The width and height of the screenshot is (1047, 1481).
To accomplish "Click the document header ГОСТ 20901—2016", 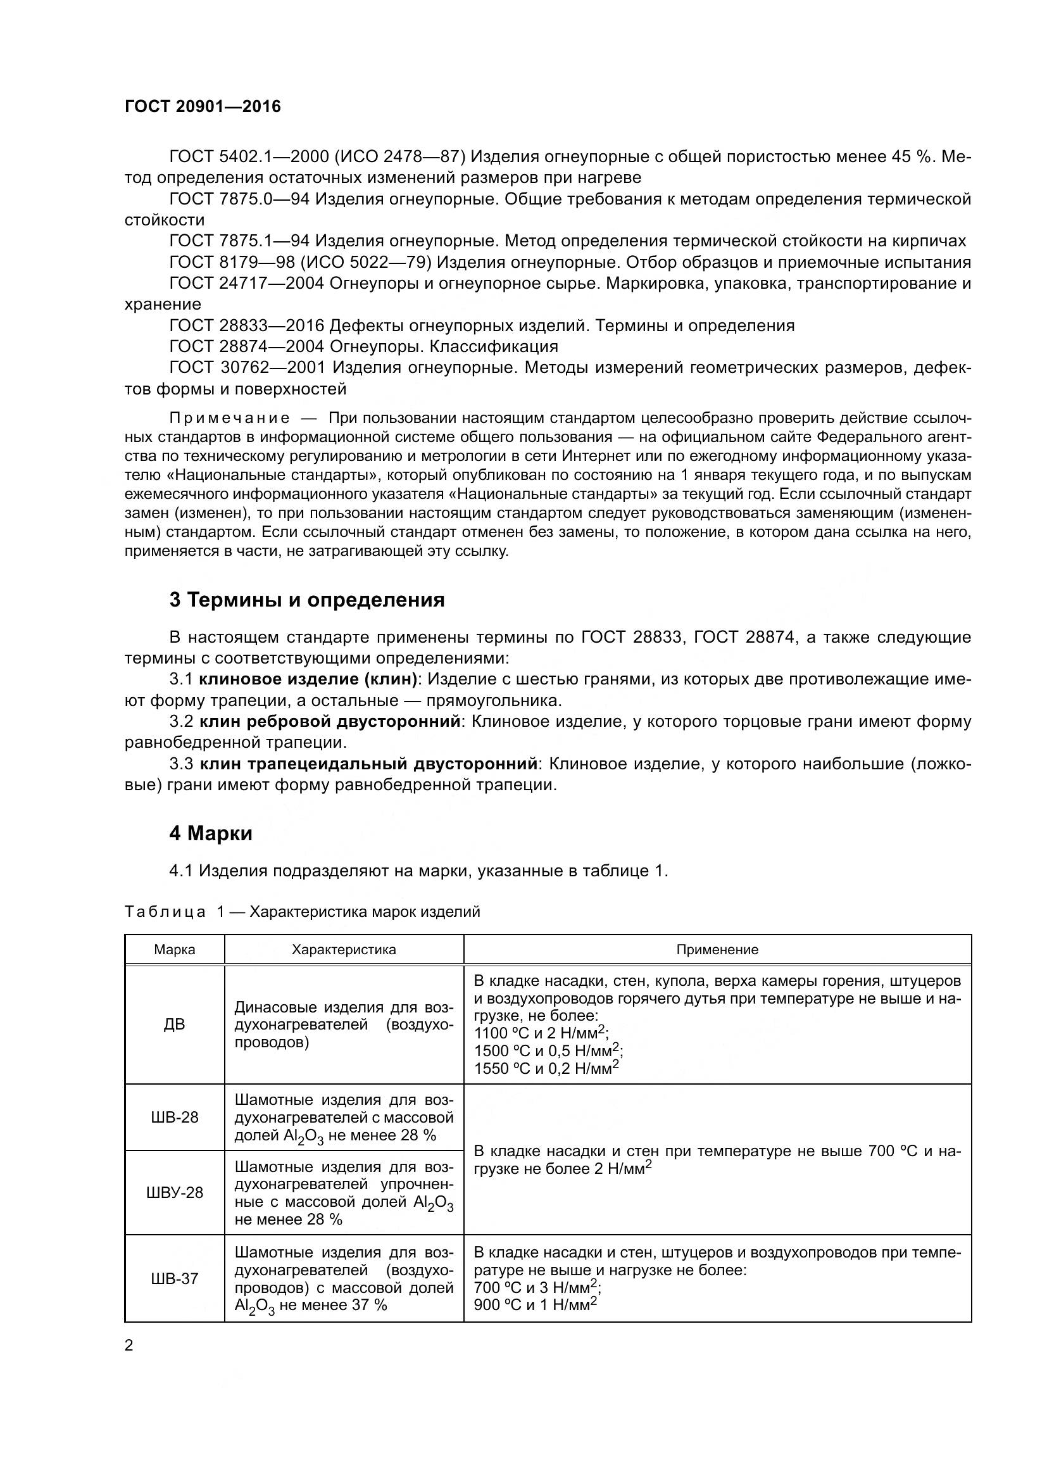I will (x=203, y=107).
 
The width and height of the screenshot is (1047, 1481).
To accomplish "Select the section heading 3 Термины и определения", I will (x=307, y=600).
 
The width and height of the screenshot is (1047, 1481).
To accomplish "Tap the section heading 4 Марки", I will (x=211, y=833).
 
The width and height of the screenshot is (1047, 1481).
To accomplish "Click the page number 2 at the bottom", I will (x=129, y=1346).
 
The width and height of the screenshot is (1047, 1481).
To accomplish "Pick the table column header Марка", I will (x=174, y=950).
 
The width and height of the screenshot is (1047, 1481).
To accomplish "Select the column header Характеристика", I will (x=344, y=950).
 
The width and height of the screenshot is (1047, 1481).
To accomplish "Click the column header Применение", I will (x=717, y=950).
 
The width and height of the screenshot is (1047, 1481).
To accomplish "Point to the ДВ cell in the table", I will (x=174, y=1024).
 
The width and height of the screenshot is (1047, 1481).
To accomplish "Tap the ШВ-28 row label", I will (x=174, y=1117).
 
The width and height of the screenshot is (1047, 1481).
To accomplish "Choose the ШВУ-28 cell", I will (x=174, y=1193).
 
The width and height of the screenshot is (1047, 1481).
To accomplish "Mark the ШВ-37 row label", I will (x=174, y=1278).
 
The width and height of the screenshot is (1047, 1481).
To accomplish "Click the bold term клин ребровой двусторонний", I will (x=330, y=722).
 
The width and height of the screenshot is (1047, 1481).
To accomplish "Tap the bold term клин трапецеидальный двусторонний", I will (x=369, y=764).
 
